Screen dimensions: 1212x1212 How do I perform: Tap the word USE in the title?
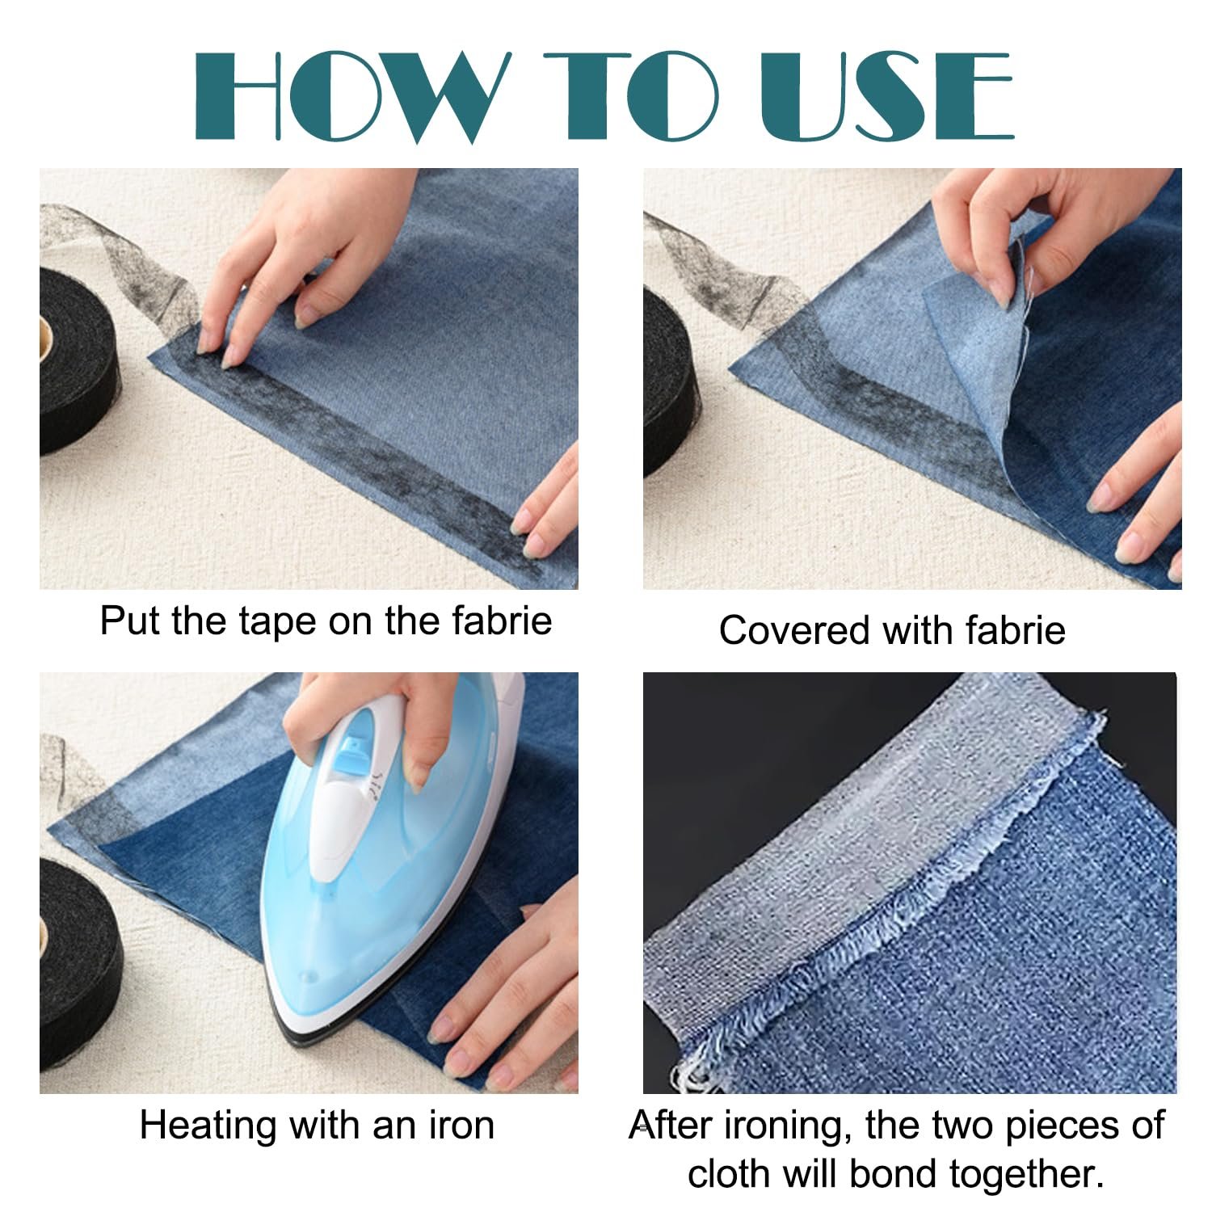pos(886,96)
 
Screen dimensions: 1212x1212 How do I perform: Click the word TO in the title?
pos(631,96)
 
